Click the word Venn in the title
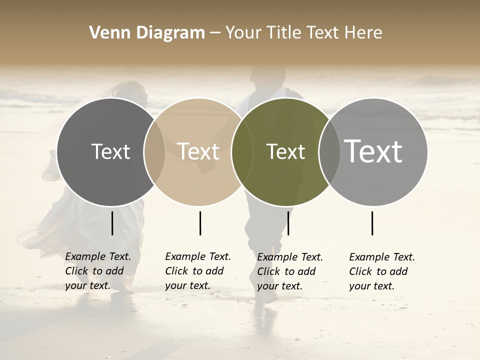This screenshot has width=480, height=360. (x=106, y=33)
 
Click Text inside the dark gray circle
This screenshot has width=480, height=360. (x=110, y=151)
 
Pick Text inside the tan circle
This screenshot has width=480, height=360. (x=198, y=151)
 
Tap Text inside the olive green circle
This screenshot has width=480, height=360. (x=285, y=151)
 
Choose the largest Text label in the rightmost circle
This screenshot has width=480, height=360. (x=373, y=151)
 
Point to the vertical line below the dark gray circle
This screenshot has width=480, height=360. (x=112, y=223)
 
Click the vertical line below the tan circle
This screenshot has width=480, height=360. (x=200, y=223)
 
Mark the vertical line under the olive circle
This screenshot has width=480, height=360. (x=288, y=223)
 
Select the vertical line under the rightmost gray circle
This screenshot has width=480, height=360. (x=372, y=223)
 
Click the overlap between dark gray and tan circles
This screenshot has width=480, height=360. (x=154, y=151)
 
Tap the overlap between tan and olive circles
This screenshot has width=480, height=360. (x=242, y=151)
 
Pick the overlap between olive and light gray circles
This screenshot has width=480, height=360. (x=329, y=151)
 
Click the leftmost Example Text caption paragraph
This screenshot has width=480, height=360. (x=97, y=271)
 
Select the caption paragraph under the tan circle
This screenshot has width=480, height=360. (x=197, y=271)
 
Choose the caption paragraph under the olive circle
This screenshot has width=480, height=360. (x=289, y=271)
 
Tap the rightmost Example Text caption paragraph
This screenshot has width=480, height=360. (x=381, y=271)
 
